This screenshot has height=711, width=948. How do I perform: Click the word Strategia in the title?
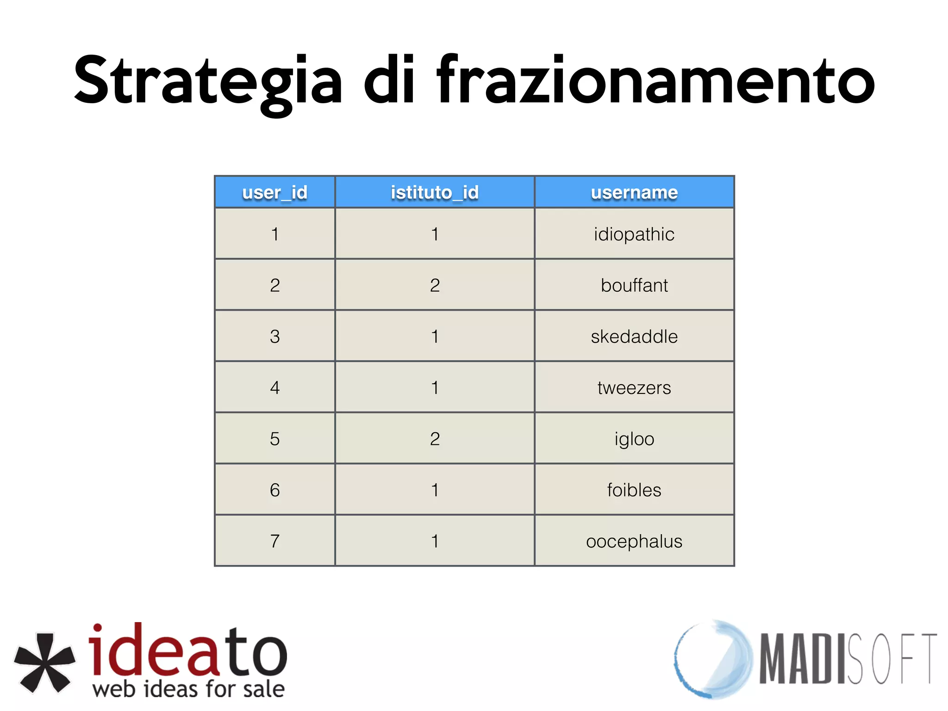point(208,81)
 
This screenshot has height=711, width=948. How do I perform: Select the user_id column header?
point(274,192)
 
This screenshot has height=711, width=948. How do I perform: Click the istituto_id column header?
point(435,192)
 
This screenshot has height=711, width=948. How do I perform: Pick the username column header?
point(634,192)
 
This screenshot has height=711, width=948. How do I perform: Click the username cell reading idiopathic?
point(634,234)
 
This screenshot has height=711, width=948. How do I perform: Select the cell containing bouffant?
point(634,285)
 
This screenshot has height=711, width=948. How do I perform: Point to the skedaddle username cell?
point(634,337)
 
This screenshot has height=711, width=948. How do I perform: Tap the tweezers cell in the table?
point(634,387)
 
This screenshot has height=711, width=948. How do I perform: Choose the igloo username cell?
point(634,439)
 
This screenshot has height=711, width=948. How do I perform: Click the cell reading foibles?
point(634,490)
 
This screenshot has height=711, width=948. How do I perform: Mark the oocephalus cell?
point(634,541)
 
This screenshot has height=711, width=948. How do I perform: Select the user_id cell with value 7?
point(274,541)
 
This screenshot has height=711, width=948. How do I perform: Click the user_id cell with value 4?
point(274,387)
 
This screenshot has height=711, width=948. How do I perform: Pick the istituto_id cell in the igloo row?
point(435,439)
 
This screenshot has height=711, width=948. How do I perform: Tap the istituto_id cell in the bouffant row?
point(435,285)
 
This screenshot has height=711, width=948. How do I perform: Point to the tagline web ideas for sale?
point(188,689)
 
